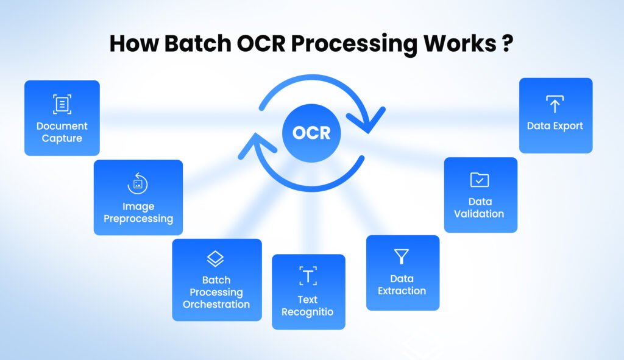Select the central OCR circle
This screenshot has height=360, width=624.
(311, 133)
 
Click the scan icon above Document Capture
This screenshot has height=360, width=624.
(62, 104)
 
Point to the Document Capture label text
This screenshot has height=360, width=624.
(62, 132)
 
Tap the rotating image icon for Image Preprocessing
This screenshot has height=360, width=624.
(138, 183)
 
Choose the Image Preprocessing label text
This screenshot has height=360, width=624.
(138, 212)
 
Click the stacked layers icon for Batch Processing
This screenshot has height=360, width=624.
(216, 259)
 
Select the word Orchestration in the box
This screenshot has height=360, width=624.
(216, 304)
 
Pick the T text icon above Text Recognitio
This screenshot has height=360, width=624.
(308, 275)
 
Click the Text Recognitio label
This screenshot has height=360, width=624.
(308, 306)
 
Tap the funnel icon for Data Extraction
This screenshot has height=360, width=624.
(402, 256)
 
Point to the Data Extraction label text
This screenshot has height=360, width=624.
(402, 284)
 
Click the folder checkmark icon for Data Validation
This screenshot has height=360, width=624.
(480, 180)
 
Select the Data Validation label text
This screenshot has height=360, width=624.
(480, 208)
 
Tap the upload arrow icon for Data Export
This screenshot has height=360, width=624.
(555, 104)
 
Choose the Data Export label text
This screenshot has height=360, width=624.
(555, 126)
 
